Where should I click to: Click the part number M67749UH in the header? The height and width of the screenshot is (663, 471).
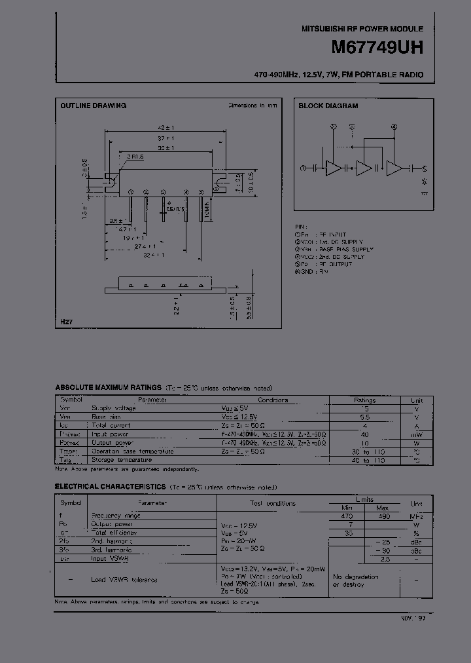[377, 48]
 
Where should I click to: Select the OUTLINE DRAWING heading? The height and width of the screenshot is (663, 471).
[94, 105]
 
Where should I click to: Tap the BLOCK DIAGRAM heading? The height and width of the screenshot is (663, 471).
[328, 105]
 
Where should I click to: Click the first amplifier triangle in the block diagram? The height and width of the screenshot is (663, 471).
[333, 168]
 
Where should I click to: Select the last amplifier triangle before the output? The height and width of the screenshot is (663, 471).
[394, 168]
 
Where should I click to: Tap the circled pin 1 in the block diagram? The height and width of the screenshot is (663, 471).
[302, 168]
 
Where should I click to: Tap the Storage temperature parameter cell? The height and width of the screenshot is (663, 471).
[124, 460]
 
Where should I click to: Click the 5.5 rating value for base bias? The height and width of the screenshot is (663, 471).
[365, 417]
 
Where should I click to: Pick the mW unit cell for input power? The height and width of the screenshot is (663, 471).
[417, 434]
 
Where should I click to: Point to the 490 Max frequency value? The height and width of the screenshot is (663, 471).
[384, 516]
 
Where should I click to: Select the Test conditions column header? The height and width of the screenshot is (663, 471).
[272, 503]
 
